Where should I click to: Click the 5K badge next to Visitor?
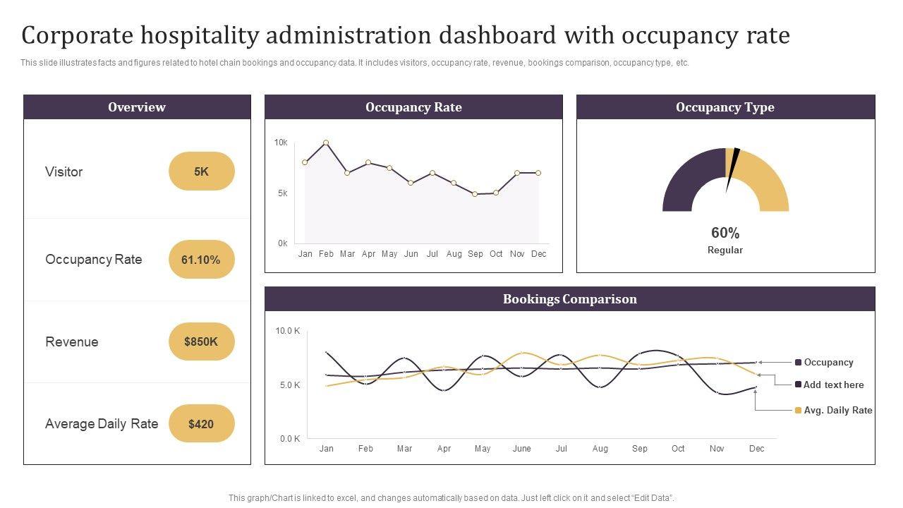pyautogui.click(x=201, y=171)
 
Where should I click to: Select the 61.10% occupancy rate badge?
pyautogui.click(x=201, y=260)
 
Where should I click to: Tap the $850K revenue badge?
pyautogui.click(x=201, y=341)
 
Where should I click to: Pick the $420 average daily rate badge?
pyautogui.click(x=201, y=424)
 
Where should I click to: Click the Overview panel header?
pyautogui.click(x=137, y=107)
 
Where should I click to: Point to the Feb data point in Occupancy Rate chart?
pyautogui.click(x=326, y=143)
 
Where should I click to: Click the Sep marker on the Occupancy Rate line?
pyautogui.click(x=475, y=194)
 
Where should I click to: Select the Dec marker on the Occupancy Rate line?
pyautogui.click(x=538, y=173)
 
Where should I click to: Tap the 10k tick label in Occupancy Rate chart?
pyautogui.click(x=281, y=143)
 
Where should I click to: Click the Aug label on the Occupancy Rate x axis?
pyautogui.click(x=454, y=254)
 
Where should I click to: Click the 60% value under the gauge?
pyautogui.click(x=725, y=233)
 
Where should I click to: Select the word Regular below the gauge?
pyautogui.click(x=725, y=250)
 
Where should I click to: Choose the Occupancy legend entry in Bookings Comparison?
pyautogui.click(x=828, y=363)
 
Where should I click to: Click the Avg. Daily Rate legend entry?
pyautogui.click(x=837, y=411)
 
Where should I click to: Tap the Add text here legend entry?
pyautogui.click(x=833, y=385)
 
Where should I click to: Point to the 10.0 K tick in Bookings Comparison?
pyautogui.click(x=288, y=331)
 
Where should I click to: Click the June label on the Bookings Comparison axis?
pyautogui.click(x=522, y=449)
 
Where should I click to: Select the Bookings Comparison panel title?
pyautogui.click(x=570, y=299)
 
